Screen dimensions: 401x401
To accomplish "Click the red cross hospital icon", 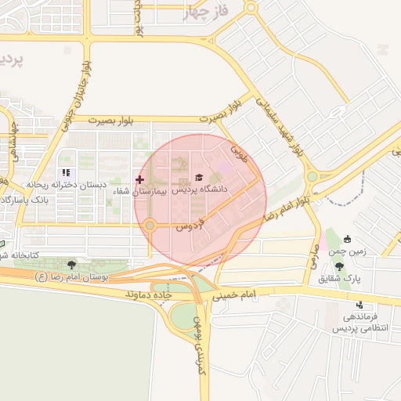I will [140, 179].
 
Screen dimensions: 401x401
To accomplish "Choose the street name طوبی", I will [239, 150].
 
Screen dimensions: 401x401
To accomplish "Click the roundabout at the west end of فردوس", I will [150, 226].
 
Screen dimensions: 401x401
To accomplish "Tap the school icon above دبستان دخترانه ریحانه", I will [66, 172].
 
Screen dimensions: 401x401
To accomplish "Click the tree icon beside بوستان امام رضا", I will [72, 266].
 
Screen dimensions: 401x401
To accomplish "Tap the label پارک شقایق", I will [339, 279].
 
